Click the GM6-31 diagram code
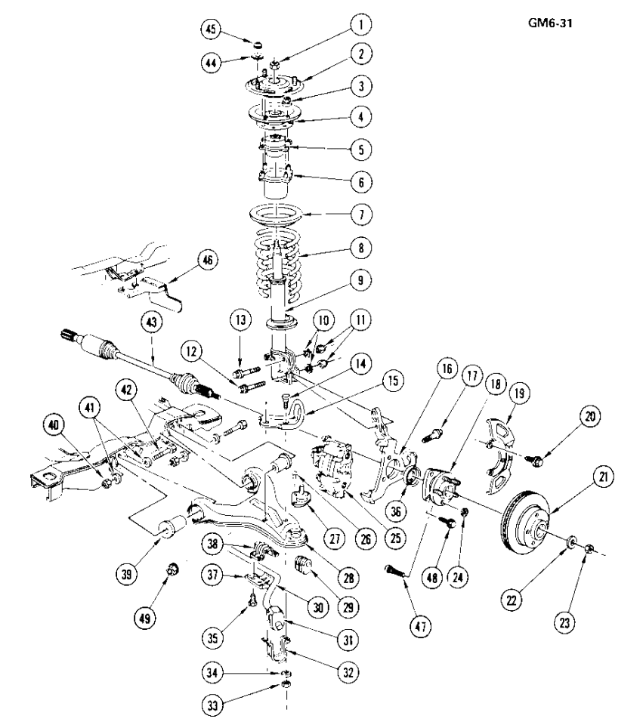(x=550, y=23)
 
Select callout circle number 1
(x=360, y=24)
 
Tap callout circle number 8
(x=361, y=248)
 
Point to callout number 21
(x=603, y=477)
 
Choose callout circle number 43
(x=152, y=322)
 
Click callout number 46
(x=208, y=261)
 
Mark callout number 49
(x=144, y=619)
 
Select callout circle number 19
(x=519, y=393)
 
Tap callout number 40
(x=54, y=424)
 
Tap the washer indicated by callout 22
(x=572, y=541)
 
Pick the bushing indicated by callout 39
(x=172, y=526)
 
